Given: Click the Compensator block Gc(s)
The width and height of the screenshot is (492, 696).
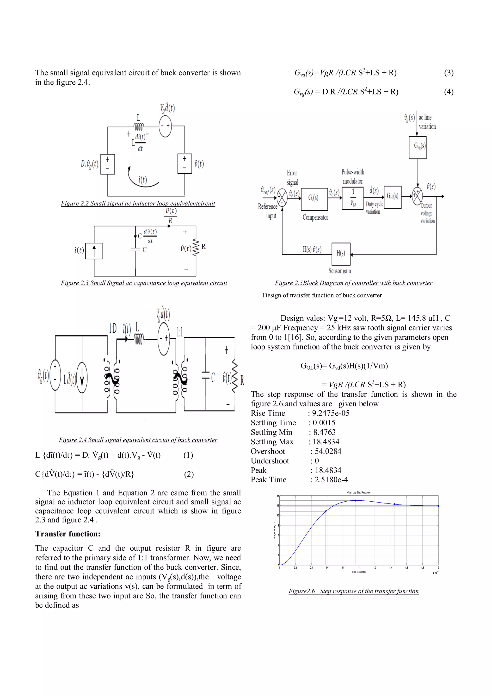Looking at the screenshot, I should tap(314, 199).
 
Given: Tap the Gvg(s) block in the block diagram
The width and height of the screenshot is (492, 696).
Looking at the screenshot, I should tap(418, 147).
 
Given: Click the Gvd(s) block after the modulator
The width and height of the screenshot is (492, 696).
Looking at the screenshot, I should tap(393, 197).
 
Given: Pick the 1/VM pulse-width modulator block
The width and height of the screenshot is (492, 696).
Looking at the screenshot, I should tap(353, 198).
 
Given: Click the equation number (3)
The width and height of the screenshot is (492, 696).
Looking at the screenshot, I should tap(449, 73).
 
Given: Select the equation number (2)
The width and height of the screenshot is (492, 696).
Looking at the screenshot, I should tap(189, 474).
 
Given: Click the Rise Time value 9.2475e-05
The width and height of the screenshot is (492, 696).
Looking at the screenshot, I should tap(331, 413).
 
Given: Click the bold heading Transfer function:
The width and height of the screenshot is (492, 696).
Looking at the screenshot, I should tap(68, 534).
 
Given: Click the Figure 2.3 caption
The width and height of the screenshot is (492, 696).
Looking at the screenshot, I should tap(144, 283).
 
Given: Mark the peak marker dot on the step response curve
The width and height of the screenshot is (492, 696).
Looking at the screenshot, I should tap(356, 500).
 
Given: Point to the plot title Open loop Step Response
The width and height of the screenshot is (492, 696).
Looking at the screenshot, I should tap(359, 493).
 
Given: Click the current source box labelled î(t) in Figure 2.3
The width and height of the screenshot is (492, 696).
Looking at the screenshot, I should tap(94, 251).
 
